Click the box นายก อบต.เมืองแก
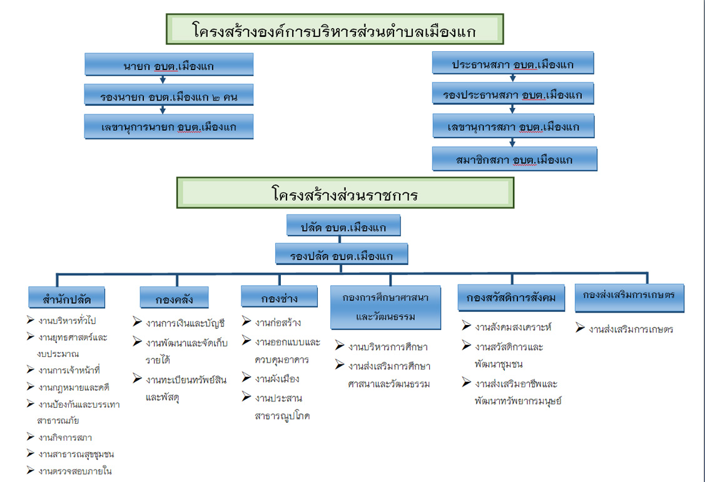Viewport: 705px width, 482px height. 169,65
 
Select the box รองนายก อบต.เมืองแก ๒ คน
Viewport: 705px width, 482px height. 169,96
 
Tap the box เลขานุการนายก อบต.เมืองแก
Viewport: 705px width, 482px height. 169,127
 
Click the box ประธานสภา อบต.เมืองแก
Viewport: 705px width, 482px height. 513,64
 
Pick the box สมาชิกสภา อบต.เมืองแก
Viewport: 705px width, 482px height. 514,159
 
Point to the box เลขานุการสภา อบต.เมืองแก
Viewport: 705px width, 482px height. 514,127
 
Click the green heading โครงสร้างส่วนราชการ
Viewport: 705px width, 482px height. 345,193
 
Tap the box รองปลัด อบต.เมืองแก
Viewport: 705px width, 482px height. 342,255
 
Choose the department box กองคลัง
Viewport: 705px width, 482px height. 175,299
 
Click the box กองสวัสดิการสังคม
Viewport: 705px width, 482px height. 512,298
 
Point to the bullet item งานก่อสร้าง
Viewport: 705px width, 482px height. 278,323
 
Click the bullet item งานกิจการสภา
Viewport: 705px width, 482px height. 65,438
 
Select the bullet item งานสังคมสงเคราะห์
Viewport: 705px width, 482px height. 513,327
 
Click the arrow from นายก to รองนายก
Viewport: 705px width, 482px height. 163,79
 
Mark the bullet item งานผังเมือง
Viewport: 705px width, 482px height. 277,379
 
